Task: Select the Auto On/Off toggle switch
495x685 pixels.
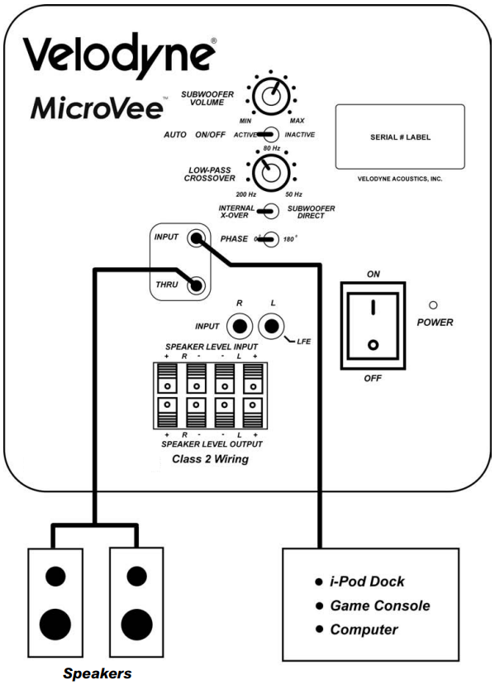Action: [x=267, y=135]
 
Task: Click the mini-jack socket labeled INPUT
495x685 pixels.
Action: [x=196, y=239]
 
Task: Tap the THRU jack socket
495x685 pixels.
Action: [x=196, y=286]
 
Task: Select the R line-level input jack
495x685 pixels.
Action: [x=240, y=324]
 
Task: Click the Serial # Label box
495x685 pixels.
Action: [x=399, y=137]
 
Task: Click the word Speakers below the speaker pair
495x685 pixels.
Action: [x=98, y=673]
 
